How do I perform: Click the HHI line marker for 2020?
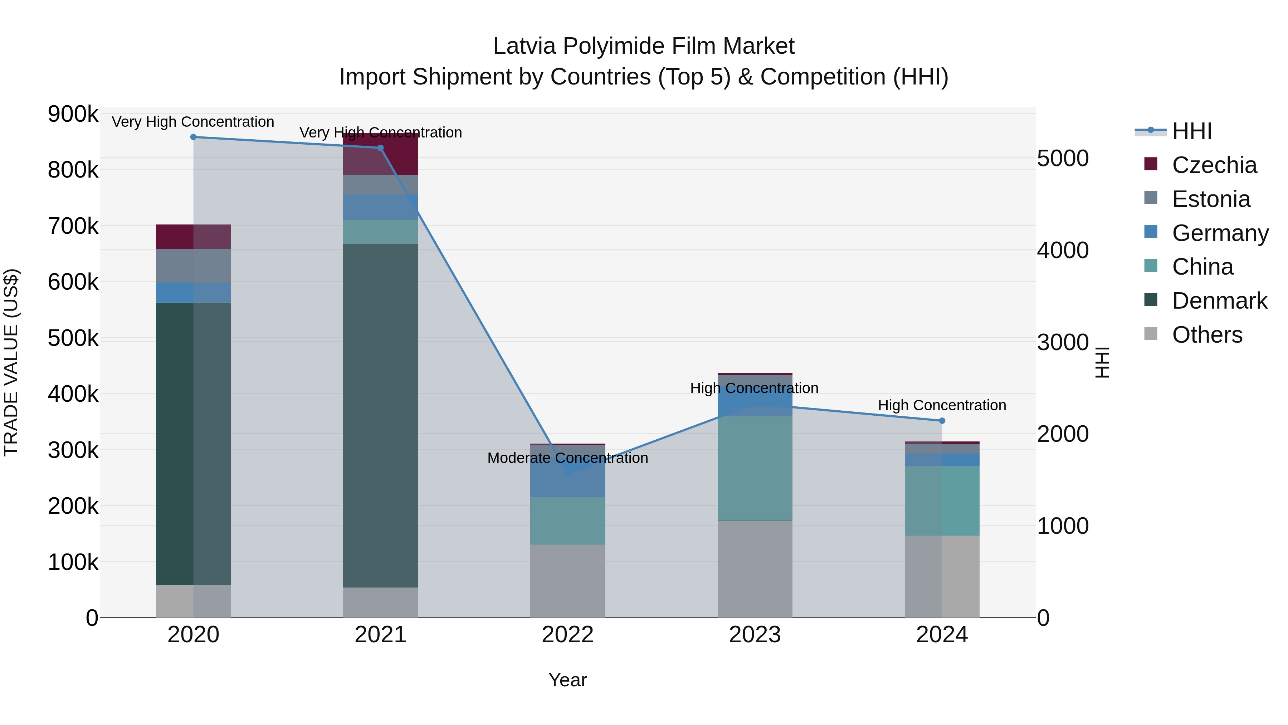(x=194, y=137)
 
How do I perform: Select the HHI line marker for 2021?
(x=381, y=148)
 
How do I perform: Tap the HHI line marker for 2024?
(x=942, y=421)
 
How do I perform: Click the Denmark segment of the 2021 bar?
(x=381, y=415)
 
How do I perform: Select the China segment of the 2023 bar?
(x=755, y=468)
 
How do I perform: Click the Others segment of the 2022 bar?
(x=567, y=580)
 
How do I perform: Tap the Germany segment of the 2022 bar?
(x=567, y=480)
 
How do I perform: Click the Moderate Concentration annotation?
(x=567, y=458)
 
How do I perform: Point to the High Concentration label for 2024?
(x=942, y=405)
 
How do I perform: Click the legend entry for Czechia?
(x=1214, y=165)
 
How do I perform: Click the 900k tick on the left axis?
(x=73, y=114)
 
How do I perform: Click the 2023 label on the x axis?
(x=755, y=635)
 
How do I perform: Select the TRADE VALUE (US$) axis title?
(x=11, y=362)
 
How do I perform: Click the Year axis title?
(x=567, y=680)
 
